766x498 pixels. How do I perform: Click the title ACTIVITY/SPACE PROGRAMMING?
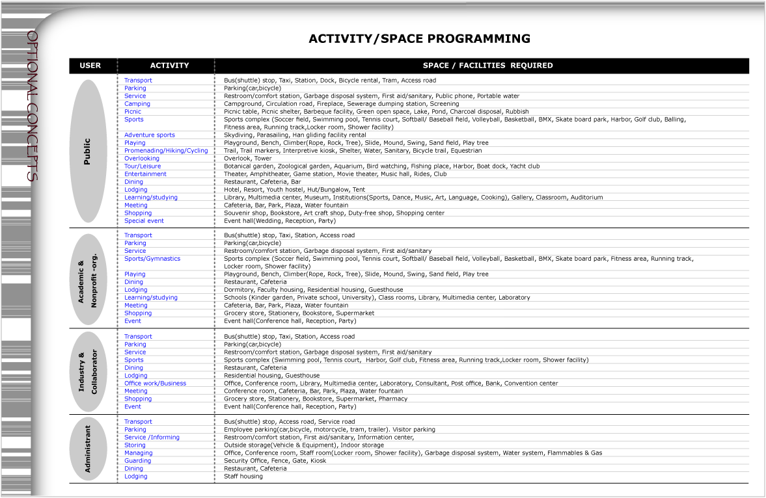tap(419, 39)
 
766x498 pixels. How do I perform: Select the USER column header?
tap(90, 66)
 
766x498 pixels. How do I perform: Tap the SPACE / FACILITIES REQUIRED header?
tap(487, 66)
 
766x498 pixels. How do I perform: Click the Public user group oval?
tap(87, 151)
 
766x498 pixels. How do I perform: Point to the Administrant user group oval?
tap(88, 449)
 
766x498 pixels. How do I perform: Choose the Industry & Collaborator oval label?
tap(87, 372)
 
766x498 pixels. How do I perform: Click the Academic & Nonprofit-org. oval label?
tap(87, 278)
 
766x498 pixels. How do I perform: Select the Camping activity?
tap(137, 104)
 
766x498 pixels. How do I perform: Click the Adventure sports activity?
tap(150, 135)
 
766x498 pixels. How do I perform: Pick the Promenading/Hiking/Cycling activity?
tap(166, 151)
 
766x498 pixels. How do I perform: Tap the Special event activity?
tap(144, 221)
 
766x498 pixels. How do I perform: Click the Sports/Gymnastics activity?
tap(152, 259)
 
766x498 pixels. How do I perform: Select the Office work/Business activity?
tap(155, 384)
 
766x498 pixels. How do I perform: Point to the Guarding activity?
tap(137, 461)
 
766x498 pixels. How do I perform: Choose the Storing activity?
tap(135, 445)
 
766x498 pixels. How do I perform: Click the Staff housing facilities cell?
tap(243, 477)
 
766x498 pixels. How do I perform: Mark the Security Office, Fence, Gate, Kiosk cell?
tap(275, 461)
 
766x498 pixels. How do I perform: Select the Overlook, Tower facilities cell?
tap(248, 159)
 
